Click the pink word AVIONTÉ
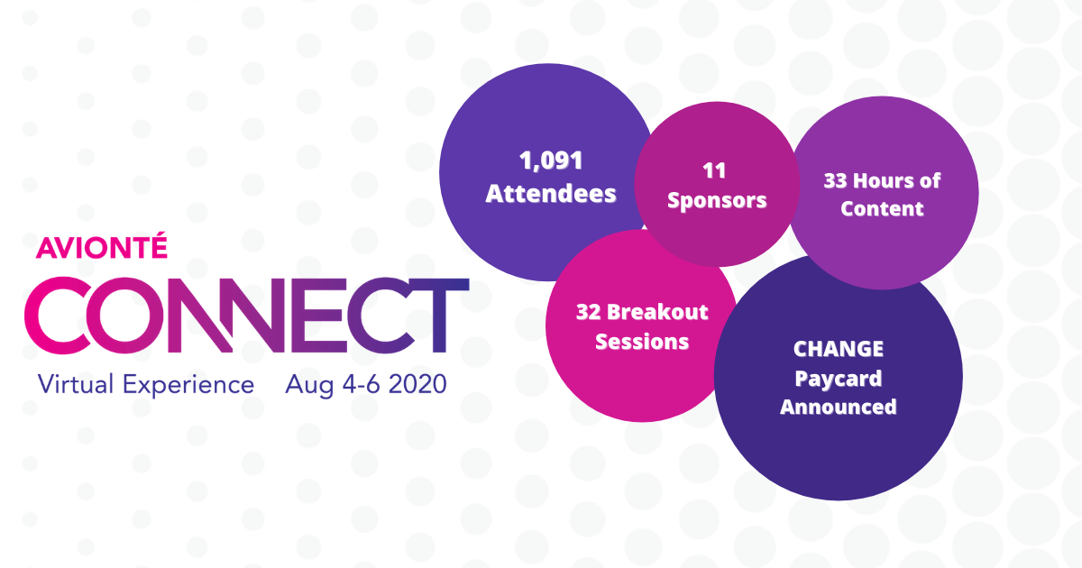tap(101, 246)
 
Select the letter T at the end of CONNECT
tap(442, 315)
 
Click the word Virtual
tap(76, 384)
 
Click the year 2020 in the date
tap(417, 384)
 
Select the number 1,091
tap(551, 160)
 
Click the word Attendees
tap(551, 193)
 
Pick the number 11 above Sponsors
tap(714, 170)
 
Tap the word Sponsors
tap(717, 200)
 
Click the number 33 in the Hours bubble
tap(836, 180)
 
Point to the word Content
tap(882, 208)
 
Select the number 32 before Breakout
tap(588, 312)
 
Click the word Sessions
tap(642, 342)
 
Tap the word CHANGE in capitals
tap(839, 349)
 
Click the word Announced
tap(839, 407)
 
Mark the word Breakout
tap(657, 312)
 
